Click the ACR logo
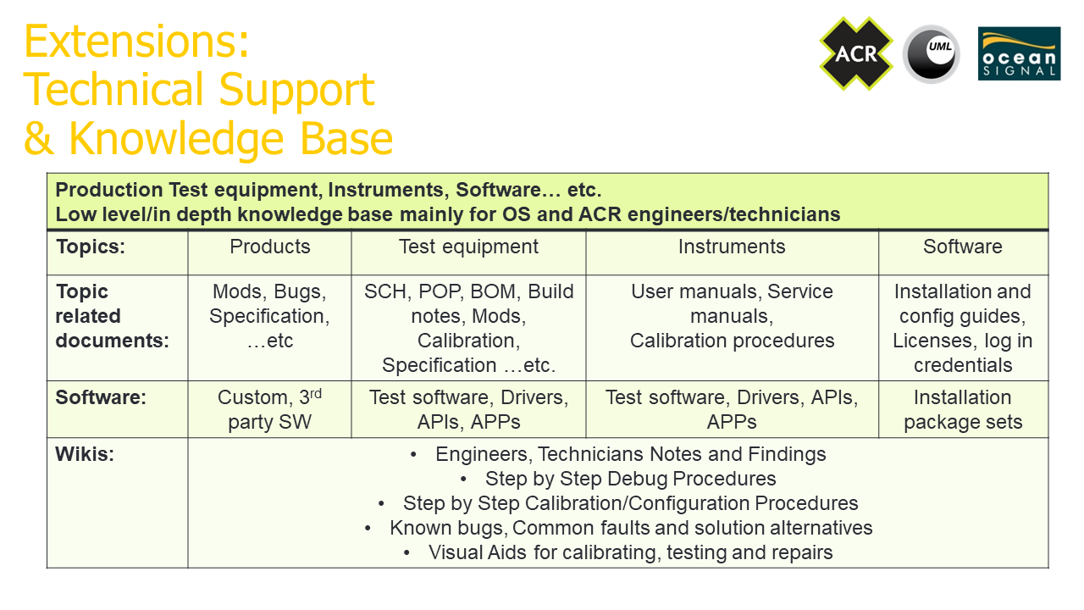[x=856, y=53]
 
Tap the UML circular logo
[x=932, y=54]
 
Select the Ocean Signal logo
[x=1019, y=53]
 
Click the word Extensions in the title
[x=136, y=42]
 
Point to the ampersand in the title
[x=39, y=138]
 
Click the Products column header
[x=269, y=247]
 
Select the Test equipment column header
[x=468, y=247]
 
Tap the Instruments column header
[x=732, y=247]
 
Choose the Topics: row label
[x=91, y=247]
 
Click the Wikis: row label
[x=85, y=454]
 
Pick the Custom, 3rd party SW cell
[x=269, y=409]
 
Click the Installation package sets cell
[x=963, y=409]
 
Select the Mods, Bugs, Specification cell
[x=269, y=316]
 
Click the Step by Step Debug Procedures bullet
[x=618, y=479]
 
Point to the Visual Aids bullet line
[x=617, y=552]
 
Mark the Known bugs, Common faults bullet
[x=618, y=528]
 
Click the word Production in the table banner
[x=109, y=190]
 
